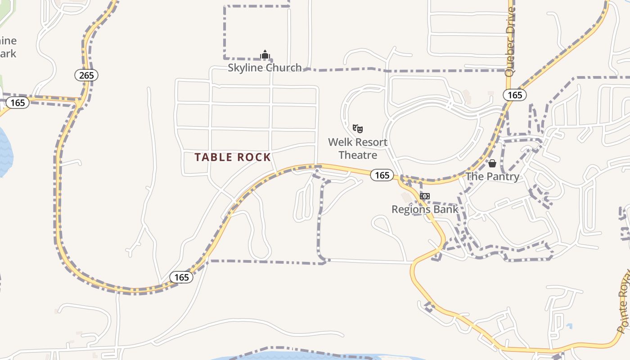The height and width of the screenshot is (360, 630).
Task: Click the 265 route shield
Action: pos(86,75)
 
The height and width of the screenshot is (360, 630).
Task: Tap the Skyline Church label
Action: pos(265,68)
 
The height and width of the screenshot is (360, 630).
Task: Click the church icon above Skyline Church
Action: pos(265,55)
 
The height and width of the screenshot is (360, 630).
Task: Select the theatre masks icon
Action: pos(358,129)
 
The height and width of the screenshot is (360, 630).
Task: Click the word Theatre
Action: pos(358,155)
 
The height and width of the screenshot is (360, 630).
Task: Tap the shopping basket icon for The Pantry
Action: pos(492,163)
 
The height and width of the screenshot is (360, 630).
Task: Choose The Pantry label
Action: pos(492,176)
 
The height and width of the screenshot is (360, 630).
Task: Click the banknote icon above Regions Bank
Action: pos(425,196)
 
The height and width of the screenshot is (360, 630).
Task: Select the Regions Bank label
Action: pos(425,209)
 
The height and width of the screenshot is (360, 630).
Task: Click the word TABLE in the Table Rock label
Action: pos(214,157)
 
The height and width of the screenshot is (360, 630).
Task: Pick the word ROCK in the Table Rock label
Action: pos(254,157)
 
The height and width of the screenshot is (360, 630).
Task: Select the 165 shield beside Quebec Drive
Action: pos(515,95)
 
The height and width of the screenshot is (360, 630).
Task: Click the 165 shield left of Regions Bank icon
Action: pos(382,175)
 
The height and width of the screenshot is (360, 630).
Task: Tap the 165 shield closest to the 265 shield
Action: pos(18,103)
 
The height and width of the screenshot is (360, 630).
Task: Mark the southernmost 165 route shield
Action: pos(181,277)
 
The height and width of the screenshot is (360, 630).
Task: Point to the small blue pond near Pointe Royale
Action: pos(570,326)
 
